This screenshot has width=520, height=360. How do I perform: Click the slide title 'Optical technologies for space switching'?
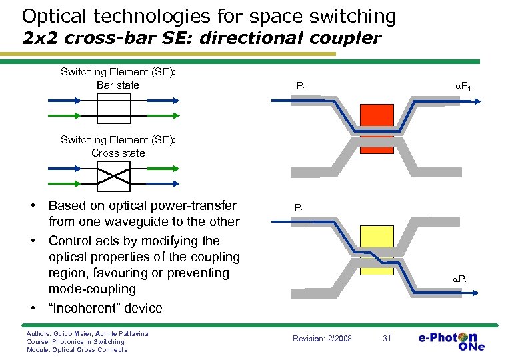coord(209,16)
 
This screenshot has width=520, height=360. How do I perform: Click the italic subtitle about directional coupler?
coord(201,37)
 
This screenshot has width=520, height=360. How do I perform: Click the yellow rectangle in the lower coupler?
coord(377,250)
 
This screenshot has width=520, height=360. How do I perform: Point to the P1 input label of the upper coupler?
coord(301,86)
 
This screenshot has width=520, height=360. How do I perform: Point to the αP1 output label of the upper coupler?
coord(465,86)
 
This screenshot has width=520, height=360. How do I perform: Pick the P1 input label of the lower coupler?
coord(300,208)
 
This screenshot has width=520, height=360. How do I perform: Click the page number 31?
coord(386,339)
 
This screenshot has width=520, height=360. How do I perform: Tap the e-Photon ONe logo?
coord(452,339)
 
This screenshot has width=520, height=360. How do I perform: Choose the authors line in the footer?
coord(87,333)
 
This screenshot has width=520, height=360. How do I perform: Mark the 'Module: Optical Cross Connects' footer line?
coord(77,350)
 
